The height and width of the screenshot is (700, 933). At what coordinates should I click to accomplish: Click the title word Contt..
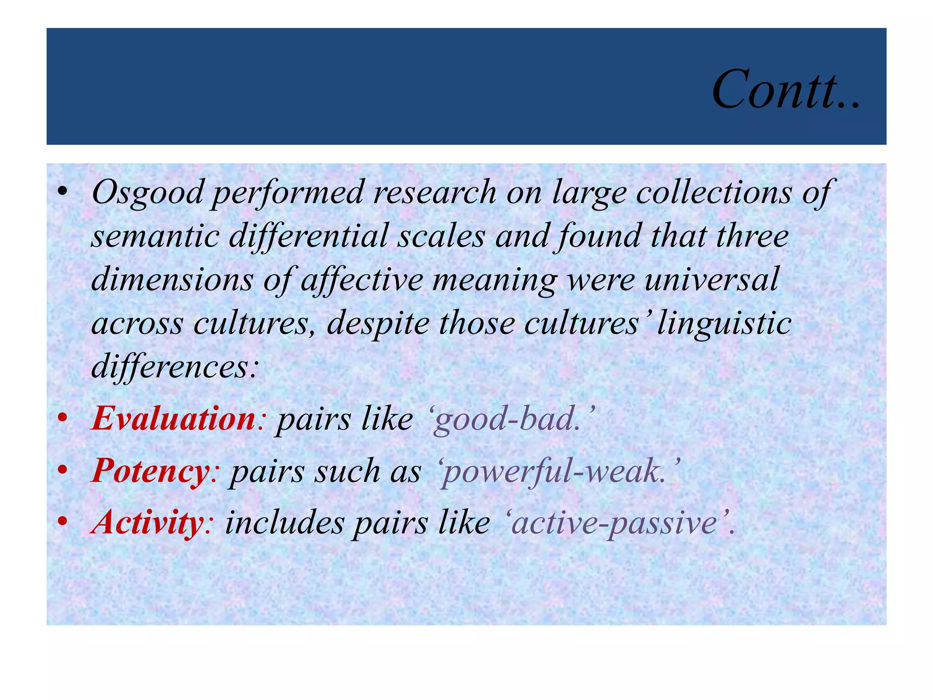785,89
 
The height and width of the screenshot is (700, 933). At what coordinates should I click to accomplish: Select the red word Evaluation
173,418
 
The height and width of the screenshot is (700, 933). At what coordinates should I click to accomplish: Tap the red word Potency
151,471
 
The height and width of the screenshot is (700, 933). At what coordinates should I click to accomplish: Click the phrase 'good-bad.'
512,419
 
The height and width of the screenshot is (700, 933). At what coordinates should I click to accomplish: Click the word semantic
155,236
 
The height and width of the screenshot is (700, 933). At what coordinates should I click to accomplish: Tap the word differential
308,236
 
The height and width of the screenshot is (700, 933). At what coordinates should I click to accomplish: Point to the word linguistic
724,323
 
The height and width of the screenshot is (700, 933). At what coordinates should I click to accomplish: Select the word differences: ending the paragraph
175,366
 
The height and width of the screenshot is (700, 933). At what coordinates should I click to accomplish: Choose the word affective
362,279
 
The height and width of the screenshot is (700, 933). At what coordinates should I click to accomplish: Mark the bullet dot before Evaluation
63,418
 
